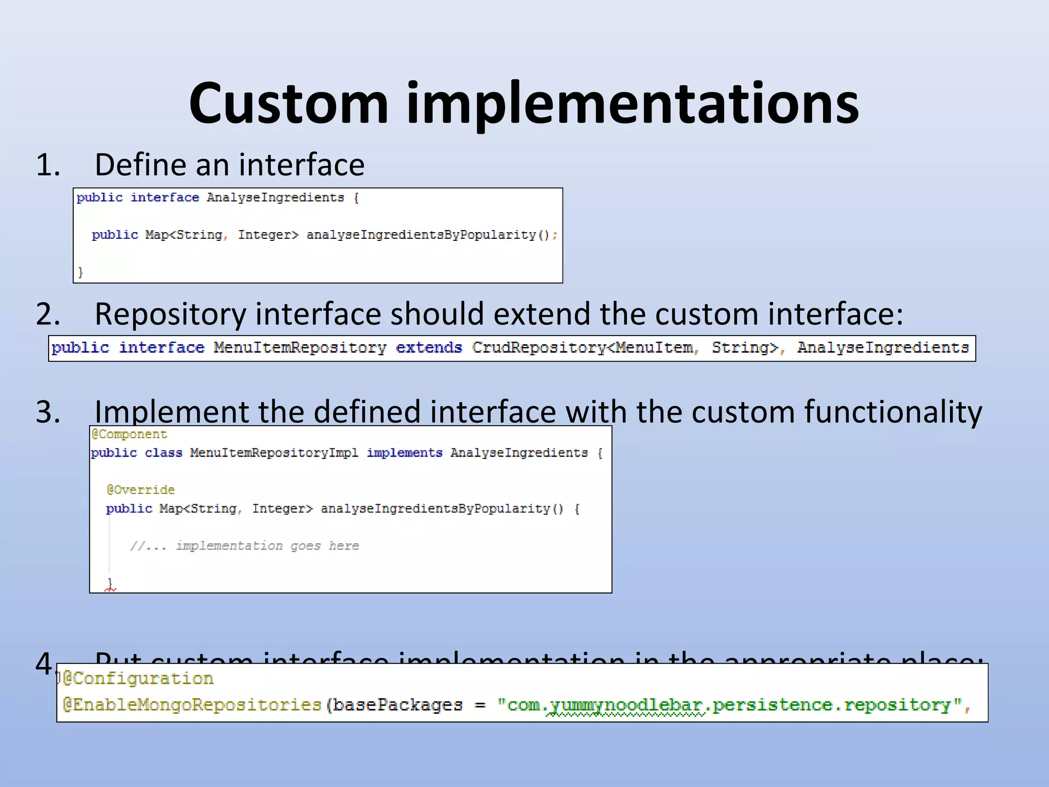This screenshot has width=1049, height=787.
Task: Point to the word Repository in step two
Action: tap(170, 314)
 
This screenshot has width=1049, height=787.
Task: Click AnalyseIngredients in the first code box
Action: tap(275, 198)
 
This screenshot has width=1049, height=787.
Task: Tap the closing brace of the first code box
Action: tap(80, 272)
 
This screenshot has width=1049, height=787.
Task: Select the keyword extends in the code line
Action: tap(429, 348)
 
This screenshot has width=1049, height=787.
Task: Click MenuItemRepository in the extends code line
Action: tap(300, 348)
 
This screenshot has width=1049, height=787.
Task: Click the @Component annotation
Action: tap(129, 434)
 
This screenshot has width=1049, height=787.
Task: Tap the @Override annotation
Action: tap(140, 490)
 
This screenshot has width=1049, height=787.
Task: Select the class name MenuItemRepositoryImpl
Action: tap(274, 453)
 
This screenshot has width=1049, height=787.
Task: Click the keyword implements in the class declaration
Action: tap(404, 453)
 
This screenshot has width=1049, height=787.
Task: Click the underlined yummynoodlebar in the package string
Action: tap(625, 706)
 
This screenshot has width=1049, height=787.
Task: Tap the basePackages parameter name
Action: tap(397, 706)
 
